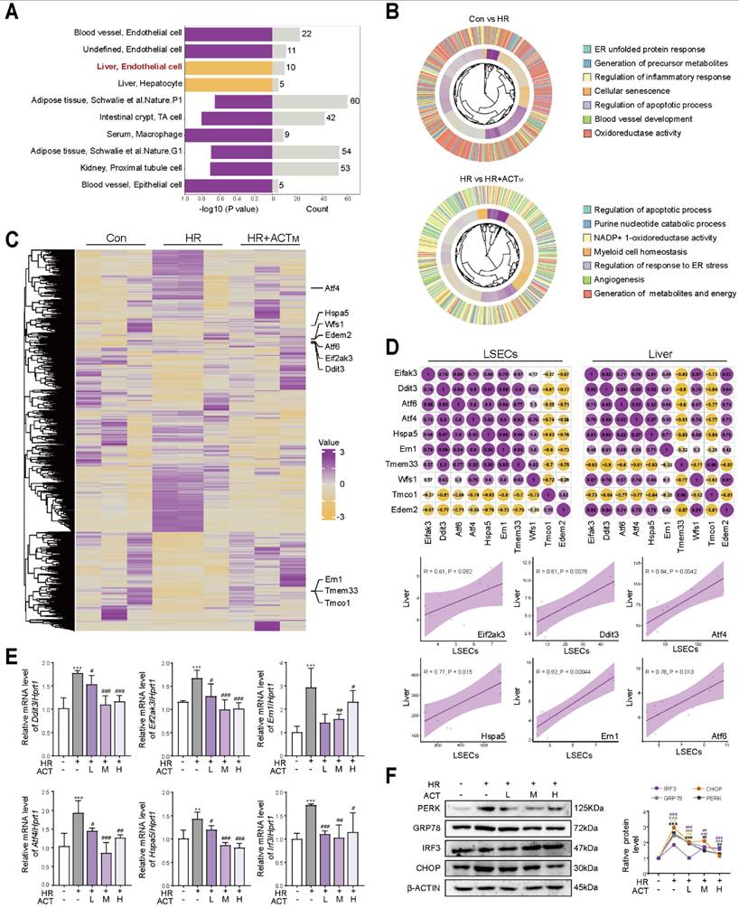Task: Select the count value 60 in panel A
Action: [x=355, y=99]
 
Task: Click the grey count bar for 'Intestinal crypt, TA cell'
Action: [x=299, y=117]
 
